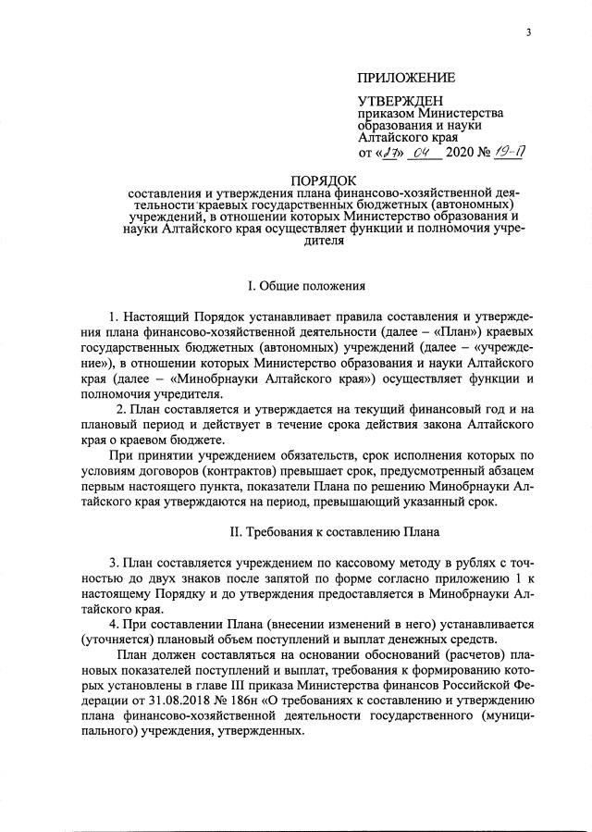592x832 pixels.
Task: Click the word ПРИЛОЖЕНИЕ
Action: click(406, 78)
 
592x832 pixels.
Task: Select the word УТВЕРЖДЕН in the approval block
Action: click(401, 100)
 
